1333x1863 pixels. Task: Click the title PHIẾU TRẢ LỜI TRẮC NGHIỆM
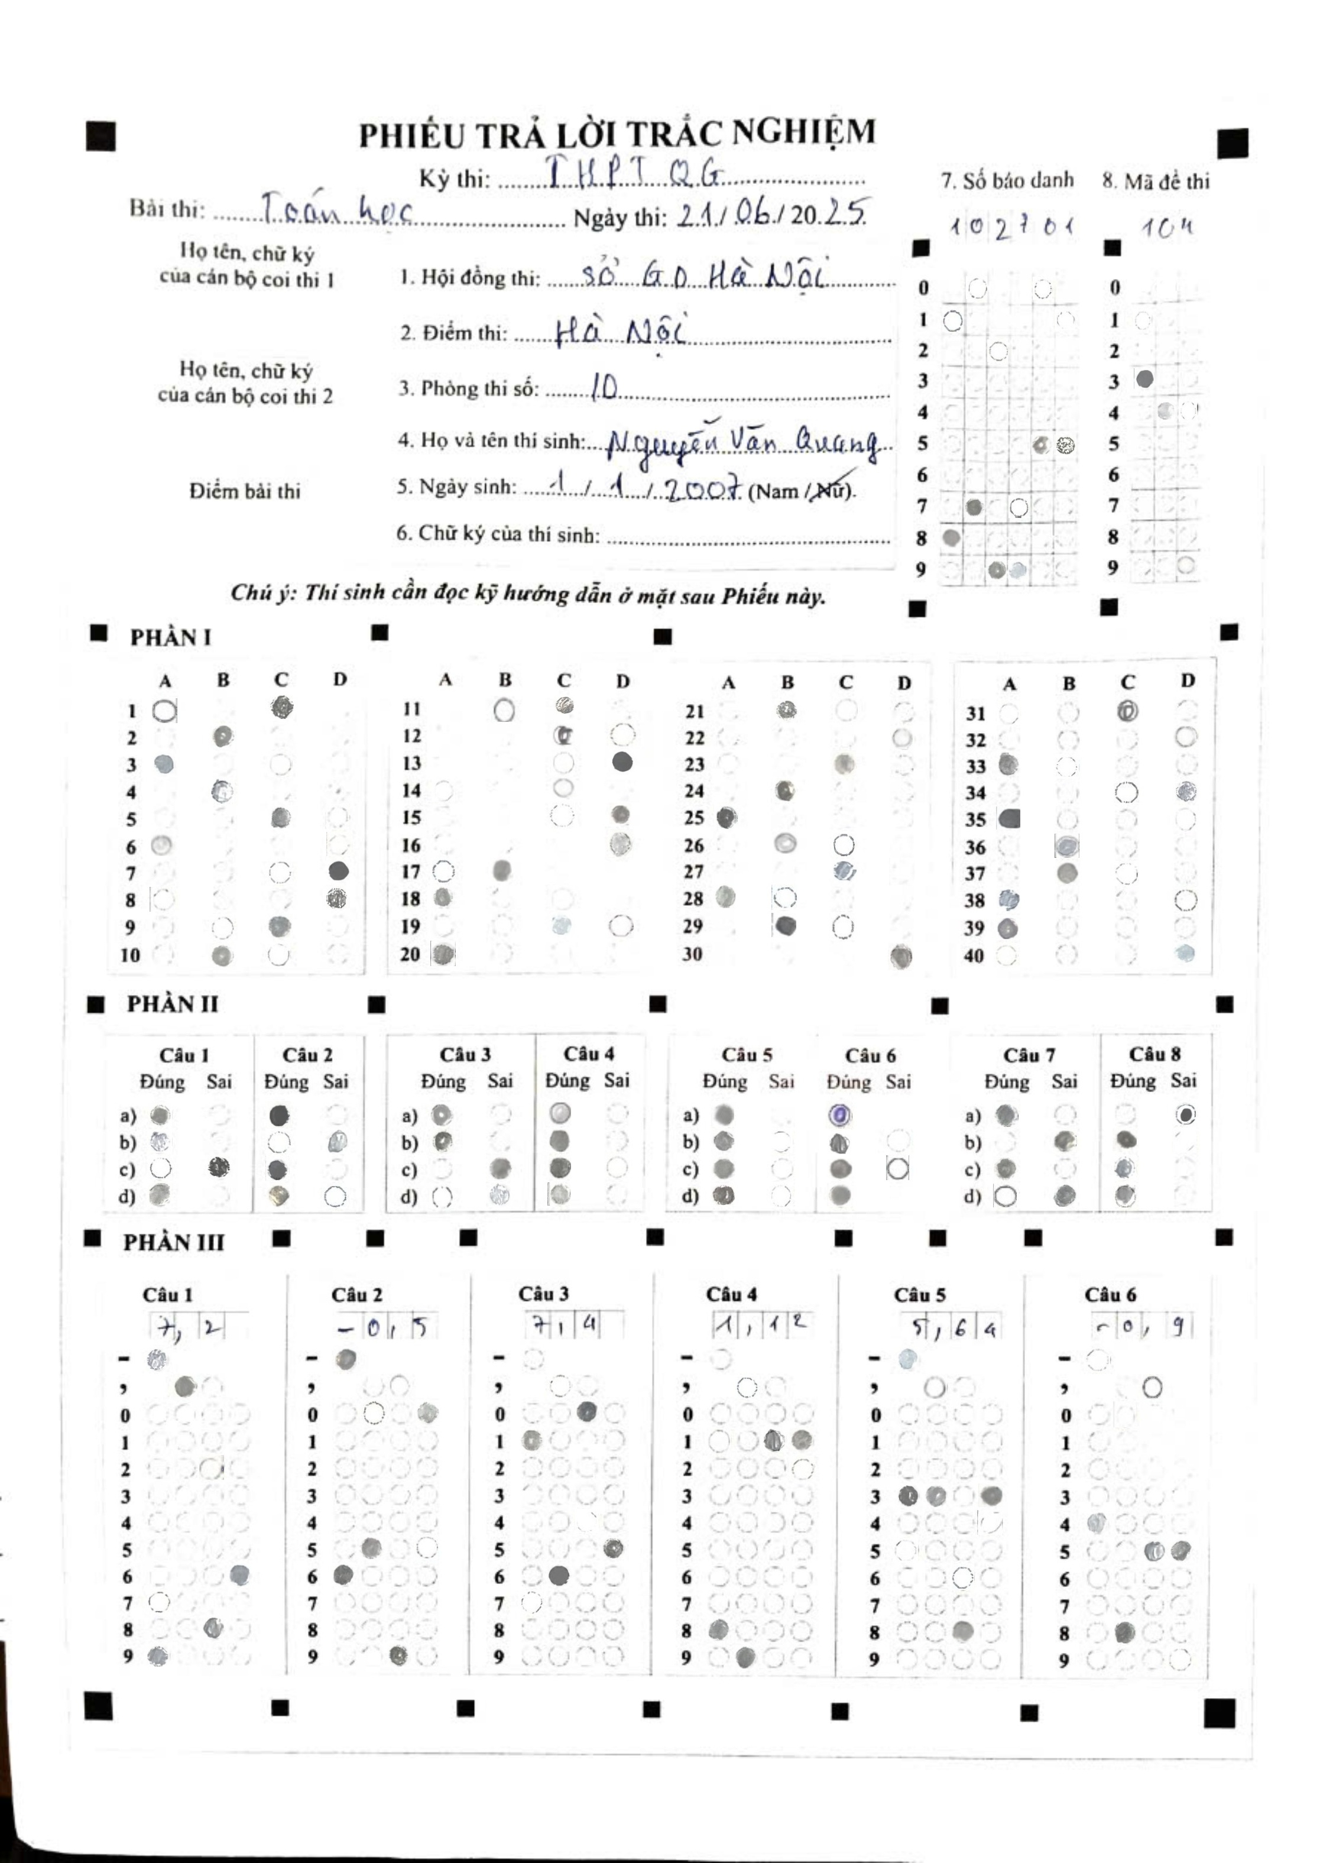click(x=617, y=134)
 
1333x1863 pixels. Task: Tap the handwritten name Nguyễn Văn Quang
click(x=742, y=444)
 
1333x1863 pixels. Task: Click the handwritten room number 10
click(x=604, y=387)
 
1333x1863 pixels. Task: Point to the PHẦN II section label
click(x=173, y=1003)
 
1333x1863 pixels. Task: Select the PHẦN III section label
click(x=173, y=1242)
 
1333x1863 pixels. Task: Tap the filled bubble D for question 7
click(x=338, y=870)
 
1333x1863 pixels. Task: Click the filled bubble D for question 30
click(x=901, y=955)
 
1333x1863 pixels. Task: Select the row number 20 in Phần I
click(x=410, y=954)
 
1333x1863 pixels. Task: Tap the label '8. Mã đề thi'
click(x=1156, y=182)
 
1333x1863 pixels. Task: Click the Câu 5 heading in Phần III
click(x=919, y=1295)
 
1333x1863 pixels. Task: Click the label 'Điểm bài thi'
click(x=245, y=491)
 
